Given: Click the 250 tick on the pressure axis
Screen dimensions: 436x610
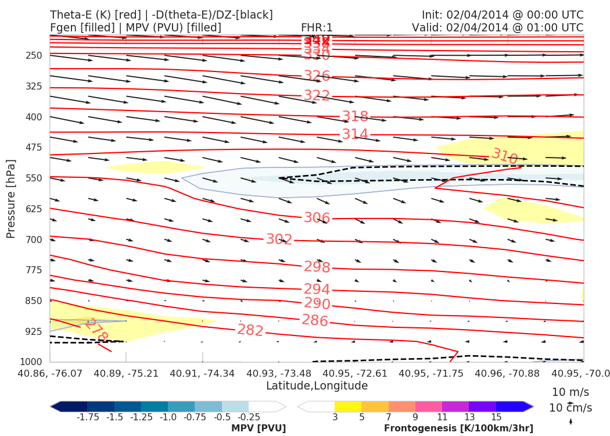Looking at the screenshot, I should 35,56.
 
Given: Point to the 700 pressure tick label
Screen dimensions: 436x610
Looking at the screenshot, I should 35,240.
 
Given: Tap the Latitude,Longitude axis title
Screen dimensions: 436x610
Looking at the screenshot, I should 317,386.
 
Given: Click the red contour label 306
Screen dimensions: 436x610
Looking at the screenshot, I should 317,218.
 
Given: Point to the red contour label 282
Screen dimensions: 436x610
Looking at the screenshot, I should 250,330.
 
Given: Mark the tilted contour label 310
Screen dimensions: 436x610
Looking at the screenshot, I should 504,156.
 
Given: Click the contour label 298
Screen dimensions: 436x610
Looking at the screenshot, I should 317,267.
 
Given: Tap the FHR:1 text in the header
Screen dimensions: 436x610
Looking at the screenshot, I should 317,28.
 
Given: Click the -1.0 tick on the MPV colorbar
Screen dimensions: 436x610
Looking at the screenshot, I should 168,417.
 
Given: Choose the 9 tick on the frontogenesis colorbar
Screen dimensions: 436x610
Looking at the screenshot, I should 415,417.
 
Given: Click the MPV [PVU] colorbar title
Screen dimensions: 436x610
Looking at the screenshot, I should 259,428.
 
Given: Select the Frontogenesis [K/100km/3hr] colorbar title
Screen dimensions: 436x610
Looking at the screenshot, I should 458,428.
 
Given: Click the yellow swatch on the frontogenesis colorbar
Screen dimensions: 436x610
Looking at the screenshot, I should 347,406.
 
